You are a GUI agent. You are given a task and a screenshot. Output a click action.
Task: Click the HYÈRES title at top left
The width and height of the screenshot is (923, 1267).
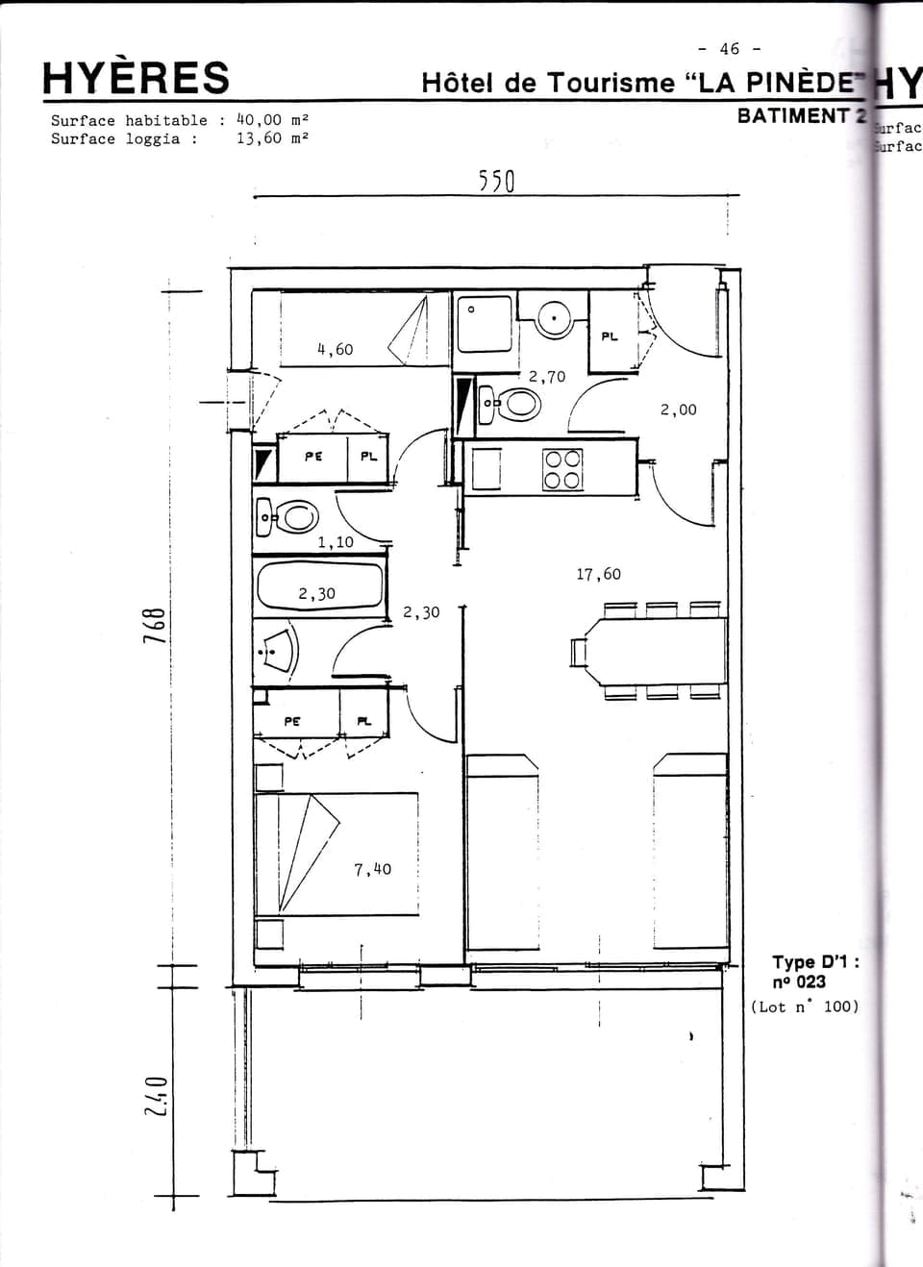click(x=136, y=78)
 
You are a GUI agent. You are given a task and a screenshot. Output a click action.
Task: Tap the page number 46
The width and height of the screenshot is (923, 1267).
click(x=730, y=49)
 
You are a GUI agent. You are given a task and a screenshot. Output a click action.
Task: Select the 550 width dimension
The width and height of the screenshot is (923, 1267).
click(x=497, y=182)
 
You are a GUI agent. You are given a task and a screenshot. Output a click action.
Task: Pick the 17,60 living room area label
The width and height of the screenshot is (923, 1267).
click(x=598, y=575)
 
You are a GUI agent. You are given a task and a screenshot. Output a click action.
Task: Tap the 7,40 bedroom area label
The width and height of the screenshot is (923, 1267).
click(x=372, y=870)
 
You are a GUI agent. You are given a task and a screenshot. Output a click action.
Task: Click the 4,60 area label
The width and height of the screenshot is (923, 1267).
click(x=335, y=350)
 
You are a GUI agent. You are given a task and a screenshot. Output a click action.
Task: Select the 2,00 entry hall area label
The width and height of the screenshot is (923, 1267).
click(x=678, y=410)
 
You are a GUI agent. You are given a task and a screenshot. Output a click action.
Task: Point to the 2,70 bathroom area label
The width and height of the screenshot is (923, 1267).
click(x=547, y=377)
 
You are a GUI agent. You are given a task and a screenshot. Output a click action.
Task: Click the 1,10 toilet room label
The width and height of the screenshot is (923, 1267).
click(x=336, y=542)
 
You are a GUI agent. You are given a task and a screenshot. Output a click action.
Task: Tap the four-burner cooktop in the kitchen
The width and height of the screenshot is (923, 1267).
click(x=563, y=470)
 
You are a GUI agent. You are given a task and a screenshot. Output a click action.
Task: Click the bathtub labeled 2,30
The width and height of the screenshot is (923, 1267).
click(x=319, y=586)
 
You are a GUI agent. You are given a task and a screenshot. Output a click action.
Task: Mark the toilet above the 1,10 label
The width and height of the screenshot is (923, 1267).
click(x=290, y=517)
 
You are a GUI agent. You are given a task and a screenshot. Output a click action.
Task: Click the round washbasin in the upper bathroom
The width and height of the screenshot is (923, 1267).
click(x=555, y=318)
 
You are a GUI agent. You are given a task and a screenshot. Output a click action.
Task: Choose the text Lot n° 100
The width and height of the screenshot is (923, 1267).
click(x=805, y=1007)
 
